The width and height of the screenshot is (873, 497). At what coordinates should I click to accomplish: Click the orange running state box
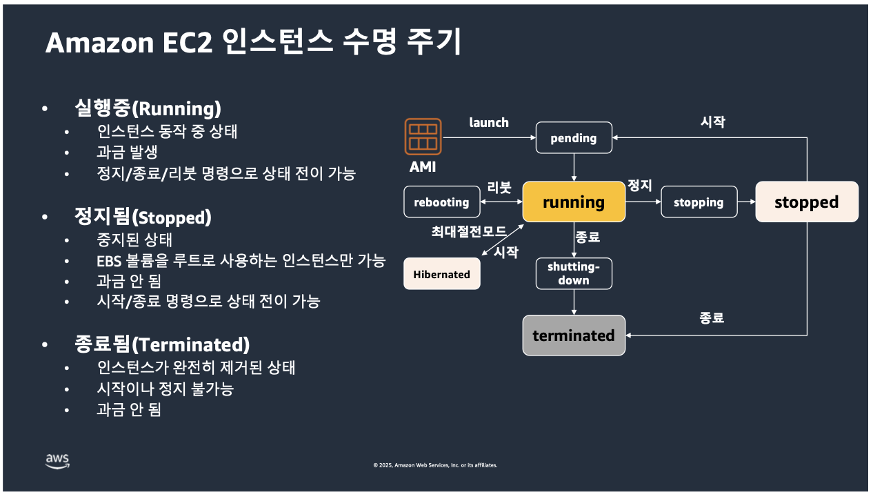coord(574,202)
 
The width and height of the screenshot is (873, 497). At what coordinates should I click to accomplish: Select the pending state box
coord(574,138)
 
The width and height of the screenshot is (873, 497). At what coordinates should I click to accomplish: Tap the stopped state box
coord(806,202)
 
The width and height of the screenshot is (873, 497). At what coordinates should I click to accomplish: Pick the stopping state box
coord(699,202)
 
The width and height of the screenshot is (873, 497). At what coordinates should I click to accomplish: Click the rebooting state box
coord(441,202)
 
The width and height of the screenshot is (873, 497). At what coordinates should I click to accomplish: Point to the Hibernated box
coord(441,274)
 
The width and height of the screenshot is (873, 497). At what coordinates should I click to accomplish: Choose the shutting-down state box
coord(574,274)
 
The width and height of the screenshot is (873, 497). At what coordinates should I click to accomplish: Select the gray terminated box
coord(574,335)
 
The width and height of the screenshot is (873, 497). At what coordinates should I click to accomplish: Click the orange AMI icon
coord(423,136)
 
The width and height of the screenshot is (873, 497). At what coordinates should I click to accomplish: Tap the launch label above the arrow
coord(489,123)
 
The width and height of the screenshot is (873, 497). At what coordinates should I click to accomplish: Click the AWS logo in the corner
coord(58,461)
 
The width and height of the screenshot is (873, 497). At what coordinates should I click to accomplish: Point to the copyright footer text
coord(435,465)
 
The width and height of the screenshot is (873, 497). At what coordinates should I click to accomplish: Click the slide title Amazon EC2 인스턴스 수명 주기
coord(253,43)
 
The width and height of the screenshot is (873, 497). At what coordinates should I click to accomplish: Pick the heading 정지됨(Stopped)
coord(142,217)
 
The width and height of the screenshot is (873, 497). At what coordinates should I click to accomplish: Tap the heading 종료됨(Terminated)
coord(161,344)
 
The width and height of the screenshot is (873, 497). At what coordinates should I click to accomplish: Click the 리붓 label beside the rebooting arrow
coord(499,188)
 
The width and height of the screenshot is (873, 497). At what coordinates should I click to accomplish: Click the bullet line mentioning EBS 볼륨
coord(241,262)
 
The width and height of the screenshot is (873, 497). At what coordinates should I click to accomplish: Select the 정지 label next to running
coord(639,186)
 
